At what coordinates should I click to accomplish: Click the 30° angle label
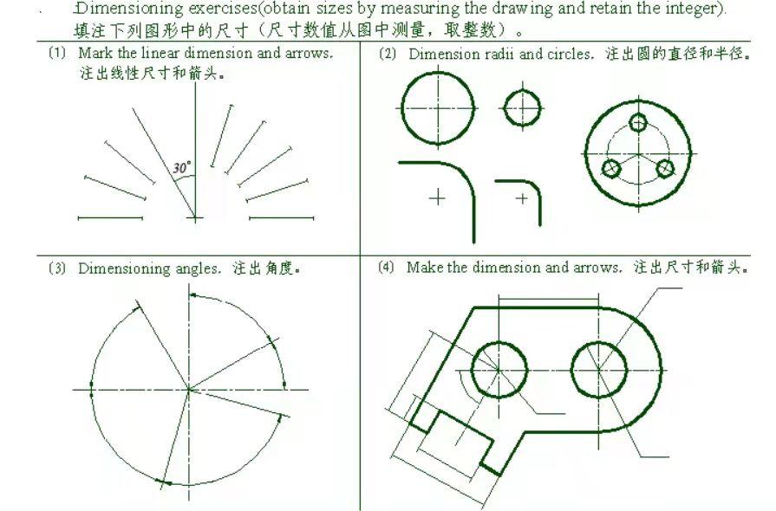(182, 168)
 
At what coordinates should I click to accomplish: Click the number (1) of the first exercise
(57, 53)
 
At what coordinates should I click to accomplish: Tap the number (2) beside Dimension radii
(388, 54)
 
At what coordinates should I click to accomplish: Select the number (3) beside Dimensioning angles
(57, 268)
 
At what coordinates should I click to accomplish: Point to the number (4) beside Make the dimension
(386, 268)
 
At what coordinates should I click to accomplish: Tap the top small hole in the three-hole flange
(638, 121)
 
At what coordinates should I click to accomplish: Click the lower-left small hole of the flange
(611, 167)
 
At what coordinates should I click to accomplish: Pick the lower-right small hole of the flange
(665, 168)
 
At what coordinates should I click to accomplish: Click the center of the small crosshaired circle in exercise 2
(522, 108)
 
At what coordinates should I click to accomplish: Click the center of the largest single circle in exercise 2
(439, 108)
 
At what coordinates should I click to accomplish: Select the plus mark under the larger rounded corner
(437, 198)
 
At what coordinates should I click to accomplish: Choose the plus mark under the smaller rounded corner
(522, 198)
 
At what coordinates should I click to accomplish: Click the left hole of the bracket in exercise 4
(500, 367)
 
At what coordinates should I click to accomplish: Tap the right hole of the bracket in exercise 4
(598, 367)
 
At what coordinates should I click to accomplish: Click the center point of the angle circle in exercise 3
(188, 390)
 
